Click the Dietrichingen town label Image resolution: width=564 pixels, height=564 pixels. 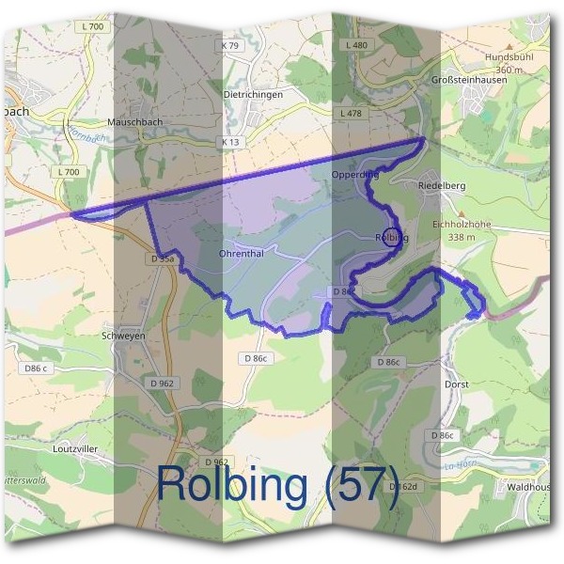254,95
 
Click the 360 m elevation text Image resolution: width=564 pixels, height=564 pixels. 509,70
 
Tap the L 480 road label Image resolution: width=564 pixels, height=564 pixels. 356,45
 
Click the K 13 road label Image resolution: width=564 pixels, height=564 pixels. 230,142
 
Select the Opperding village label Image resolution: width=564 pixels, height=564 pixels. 354,175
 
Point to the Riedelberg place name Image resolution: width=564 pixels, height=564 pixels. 441,186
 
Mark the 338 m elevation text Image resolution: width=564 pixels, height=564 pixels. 461,238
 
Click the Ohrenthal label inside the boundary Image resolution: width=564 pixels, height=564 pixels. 240,253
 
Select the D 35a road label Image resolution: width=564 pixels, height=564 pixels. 162,258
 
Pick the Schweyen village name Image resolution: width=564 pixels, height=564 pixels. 120,335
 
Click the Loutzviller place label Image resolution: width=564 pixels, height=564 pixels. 74,449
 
